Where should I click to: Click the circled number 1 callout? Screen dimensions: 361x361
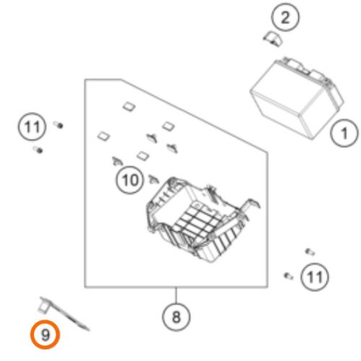click(344, 133)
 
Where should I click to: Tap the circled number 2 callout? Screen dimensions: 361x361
click(285, 17)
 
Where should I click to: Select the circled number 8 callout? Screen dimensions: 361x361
click(176, 317)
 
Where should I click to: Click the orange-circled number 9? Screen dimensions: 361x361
click(45, 334)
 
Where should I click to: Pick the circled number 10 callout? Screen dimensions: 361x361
click(130, 180)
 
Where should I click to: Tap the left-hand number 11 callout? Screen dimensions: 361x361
click(32, 126)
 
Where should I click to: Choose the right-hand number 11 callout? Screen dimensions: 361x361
click(315, 277)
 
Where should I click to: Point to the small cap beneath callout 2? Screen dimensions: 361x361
click(273, 39)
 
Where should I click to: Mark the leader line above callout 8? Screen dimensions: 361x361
click(176, 295)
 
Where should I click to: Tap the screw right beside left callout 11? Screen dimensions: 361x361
click(58, 125)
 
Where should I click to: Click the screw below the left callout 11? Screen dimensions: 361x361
click(38, 149)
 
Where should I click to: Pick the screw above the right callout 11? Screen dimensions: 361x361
click(310, 252)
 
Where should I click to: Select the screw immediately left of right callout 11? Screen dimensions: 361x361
click(289, 276)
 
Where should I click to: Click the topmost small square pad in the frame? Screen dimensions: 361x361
click(129, 106)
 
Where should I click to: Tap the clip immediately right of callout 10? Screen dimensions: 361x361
click(153, 179)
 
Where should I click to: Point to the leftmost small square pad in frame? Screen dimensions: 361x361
click(104, 136)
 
